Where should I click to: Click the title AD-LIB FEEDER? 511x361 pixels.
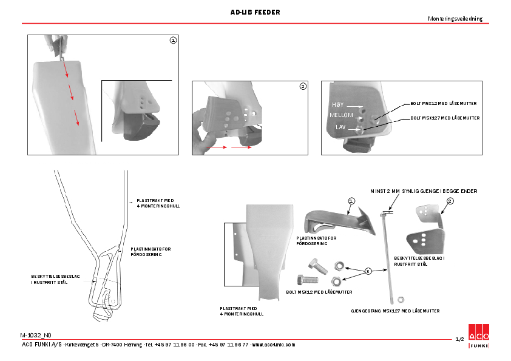(x=255, y=12)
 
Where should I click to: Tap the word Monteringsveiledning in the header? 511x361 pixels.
(x=455, y=19)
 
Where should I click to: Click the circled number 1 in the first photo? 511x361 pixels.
(x=173, y=41)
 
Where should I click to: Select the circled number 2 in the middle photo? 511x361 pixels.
(x=303, y=86)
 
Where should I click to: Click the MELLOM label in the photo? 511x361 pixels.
(x=341, y=115)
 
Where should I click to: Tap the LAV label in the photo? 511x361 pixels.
(x=340, y=127)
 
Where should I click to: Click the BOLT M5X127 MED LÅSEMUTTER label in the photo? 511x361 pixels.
(x=445, y=118)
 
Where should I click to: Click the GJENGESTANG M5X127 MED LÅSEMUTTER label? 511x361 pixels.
(x=395, y=311)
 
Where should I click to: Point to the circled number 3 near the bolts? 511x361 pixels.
(x=367, y=271)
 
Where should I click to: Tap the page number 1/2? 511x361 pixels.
(x=459, y=339)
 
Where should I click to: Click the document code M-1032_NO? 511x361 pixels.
(x=36, y=335)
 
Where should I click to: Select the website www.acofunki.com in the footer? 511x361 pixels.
(x=274, y=345)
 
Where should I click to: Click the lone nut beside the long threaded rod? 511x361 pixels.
(x=401, y=299)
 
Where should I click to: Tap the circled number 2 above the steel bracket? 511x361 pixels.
(x=450, y=200)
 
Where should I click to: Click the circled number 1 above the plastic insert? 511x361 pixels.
(x=351, y=200)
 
